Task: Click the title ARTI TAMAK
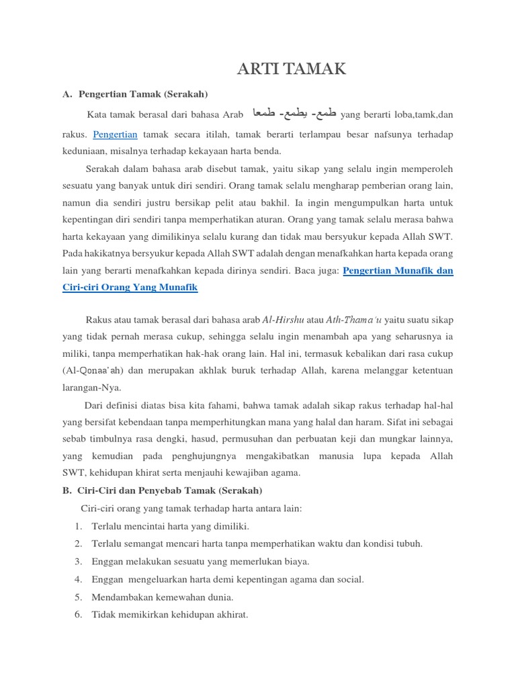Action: tap(292, 69)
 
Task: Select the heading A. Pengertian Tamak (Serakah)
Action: tap(135, 93)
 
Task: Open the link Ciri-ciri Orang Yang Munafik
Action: tap(130, 287)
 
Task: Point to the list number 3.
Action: tap(78, 562)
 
